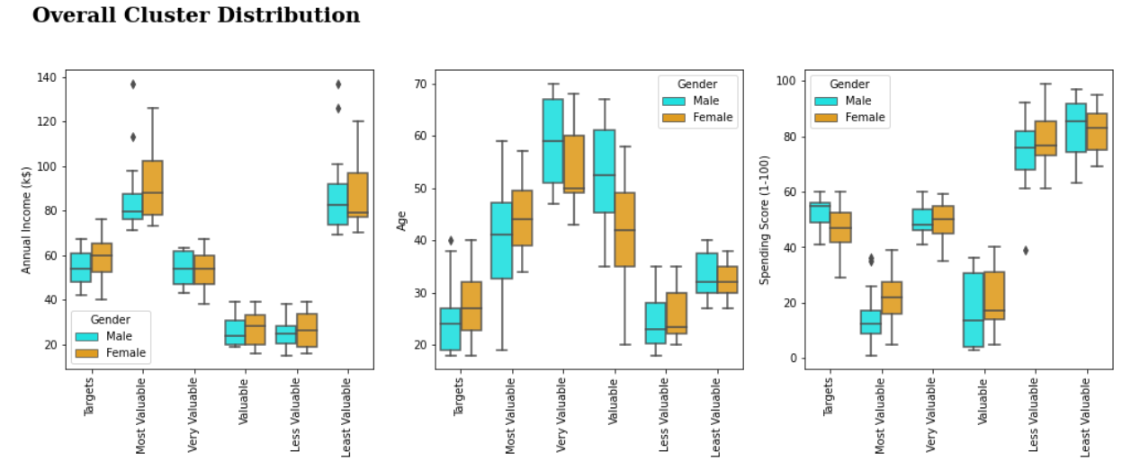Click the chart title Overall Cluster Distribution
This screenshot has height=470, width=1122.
(x=196, y=15)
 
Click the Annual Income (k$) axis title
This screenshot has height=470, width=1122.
(x=27, y=219)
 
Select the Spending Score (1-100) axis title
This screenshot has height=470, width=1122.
(x=765, y=219)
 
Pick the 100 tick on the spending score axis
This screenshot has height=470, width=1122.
(x=785, y=81)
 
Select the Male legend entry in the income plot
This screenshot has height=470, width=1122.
(x=119, y=336)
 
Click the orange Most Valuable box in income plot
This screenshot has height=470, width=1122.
(x=152, y=187)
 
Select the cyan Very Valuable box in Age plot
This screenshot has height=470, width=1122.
(x=552, y=141)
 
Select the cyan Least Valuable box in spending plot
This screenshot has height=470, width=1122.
(x=1075, y=128)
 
